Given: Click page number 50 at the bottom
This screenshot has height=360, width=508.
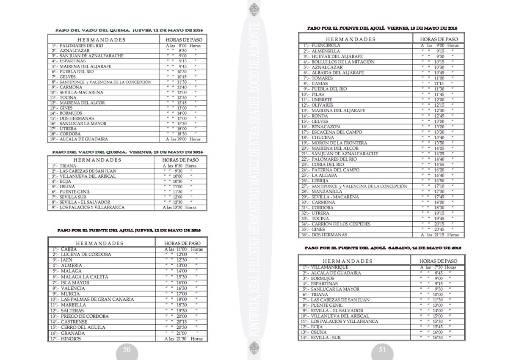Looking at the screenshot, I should (x=127, y=349).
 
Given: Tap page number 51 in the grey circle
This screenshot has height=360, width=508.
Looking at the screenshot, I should (x=382, y=349).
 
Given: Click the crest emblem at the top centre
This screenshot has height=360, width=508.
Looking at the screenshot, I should (x=254, y=9).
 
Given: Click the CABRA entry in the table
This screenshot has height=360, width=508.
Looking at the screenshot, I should (x=69, y=250).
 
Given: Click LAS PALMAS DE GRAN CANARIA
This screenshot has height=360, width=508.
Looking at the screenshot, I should (x=97, y=300).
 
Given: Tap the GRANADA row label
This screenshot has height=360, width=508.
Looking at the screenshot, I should (x=73, y=333).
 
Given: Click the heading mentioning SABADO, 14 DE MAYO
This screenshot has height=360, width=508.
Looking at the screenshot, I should (x=382, y=247).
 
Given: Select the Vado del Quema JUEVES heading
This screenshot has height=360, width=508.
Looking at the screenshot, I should (x=130, y=30).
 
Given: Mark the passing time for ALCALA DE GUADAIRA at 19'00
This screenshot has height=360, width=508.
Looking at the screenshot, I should (x=183, y=139).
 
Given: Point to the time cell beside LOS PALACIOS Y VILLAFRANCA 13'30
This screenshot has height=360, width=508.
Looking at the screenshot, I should (x=179, y=208).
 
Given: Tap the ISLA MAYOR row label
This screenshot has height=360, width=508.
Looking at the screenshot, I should (x=75, y=283).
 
